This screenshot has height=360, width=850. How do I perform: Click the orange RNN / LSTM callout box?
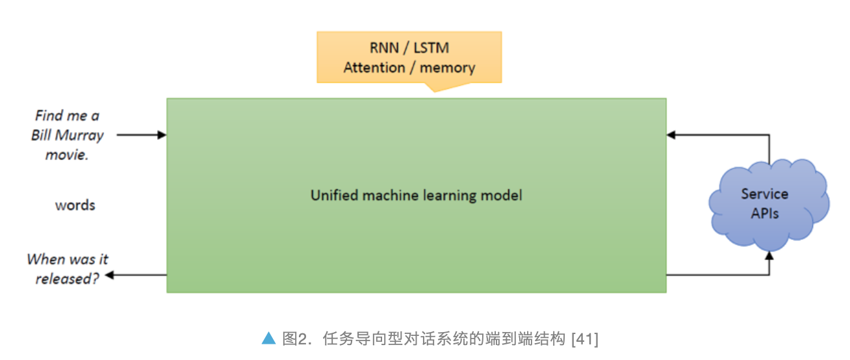click(x=409, y=57)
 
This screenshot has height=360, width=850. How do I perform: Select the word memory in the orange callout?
click(x=448, y=68)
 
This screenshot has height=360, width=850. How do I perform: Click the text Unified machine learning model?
click(x=416, y=195)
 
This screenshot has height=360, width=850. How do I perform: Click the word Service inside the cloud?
click(x=764, y=194)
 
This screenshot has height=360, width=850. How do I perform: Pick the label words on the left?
click(x=75, y=205)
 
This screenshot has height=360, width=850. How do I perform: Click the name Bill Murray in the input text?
click(x=67, y=135)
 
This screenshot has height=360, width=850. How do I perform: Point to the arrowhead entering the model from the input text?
click(x=162, y=135)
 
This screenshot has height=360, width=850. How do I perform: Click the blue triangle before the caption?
click(x=268, y=338)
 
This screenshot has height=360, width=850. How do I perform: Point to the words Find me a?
click(x=67, y=116)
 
